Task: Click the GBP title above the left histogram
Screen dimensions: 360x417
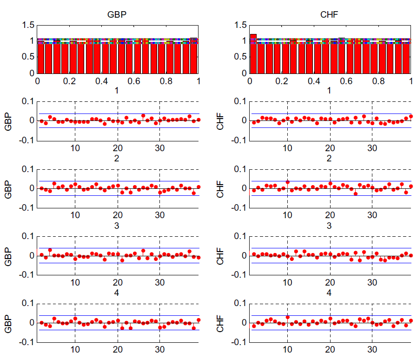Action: pyautogui.click(x=117, y=14)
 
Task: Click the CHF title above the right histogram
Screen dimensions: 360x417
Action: pyautogui.click(x=329, y=14)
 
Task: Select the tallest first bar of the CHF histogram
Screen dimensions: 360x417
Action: pyautogui.click(x=253, y=54)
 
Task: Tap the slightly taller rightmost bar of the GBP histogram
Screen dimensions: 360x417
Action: pyautogui.click(x=194, y=55)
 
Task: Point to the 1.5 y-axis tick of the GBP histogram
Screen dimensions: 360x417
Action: pyautogui.click(x=28, y=25)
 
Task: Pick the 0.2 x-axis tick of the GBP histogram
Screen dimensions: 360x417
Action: pyautogui.click(x=69, y=81)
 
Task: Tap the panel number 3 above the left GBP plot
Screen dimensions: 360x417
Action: pyautogui.click(x=117, y=226)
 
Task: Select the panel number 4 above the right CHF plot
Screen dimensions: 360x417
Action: pyautogui.click(x=329, y=293)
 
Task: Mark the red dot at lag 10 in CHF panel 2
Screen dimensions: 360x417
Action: pyautogui.click(x=288, y=182)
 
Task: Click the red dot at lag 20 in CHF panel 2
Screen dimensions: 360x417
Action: pyautogui.click(x=330, y=183)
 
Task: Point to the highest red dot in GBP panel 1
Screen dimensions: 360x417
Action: pyautogui.click(x=143, y=116)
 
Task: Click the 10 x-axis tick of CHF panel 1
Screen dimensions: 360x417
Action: pyautogui.click(x=288, y=148)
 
